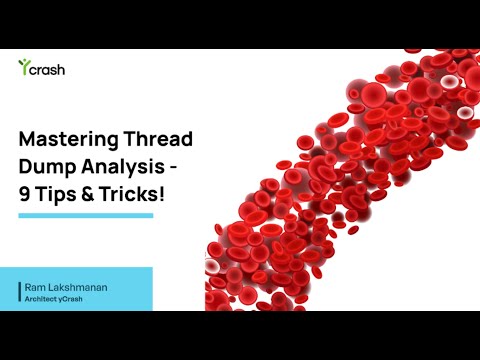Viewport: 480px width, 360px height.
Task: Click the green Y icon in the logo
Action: point(23,66)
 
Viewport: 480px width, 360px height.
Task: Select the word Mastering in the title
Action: point(67,140)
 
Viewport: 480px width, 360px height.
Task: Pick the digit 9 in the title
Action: point(26,194)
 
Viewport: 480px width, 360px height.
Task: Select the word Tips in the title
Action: point(58,194)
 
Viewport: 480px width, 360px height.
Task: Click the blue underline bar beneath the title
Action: point(86,215)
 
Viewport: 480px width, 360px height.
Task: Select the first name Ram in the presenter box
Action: point(36,286)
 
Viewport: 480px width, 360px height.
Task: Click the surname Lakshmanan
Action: point(81,286)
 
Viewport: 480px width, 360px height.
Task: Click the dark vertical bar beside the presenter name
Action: point(18,291)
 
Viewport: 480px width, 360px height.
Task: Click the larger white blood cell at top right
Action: point(451,82)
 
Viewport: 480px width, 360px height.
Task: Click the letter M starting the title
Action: point(28,140)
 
